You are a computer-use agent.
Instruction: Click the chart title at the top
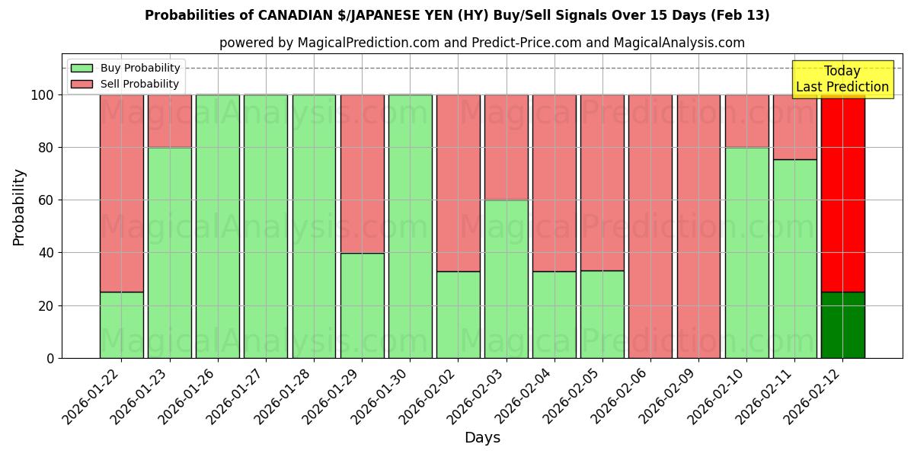pyautogui.click(x=457, y=15)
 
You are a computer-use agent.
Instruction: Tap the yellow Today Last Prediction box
pyautogui.click(x=842, y=79)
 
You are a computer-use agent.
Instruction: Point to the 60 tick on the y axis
pyautogui.click(x=47, y=200)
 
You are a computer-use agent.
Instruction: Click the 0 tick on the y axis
pyautogui.click(x=50, y=358)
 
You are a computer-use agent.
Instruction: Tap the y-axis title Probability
pyautogui.click(x=19, y=207)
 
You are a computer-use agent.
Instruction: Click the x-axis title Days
pyautogui.click(x=482, y=438)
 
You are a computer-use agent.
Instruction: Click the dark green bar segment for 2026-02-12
pyautogui.click(x=842, y=325)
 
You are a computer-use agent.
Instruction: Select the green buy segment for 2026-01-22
pyautogui.click(x=121, y=325)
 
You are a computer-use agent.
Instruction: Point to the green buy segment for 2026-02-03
pyautogui.click(x=506, y=279)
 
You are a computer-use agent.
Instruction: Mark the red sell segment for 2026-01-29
pyautogui.click(x=362, y=174)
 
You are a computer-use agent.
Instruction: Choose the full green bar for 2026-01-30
pyautogui.click(x=410, y=226)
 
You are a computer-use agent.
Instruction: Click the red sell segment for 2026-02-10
pyautogui.click(x=746, y=120)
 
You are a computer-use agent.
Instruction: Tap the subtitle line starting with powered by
pyautogui.click(x=481, y=43)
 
